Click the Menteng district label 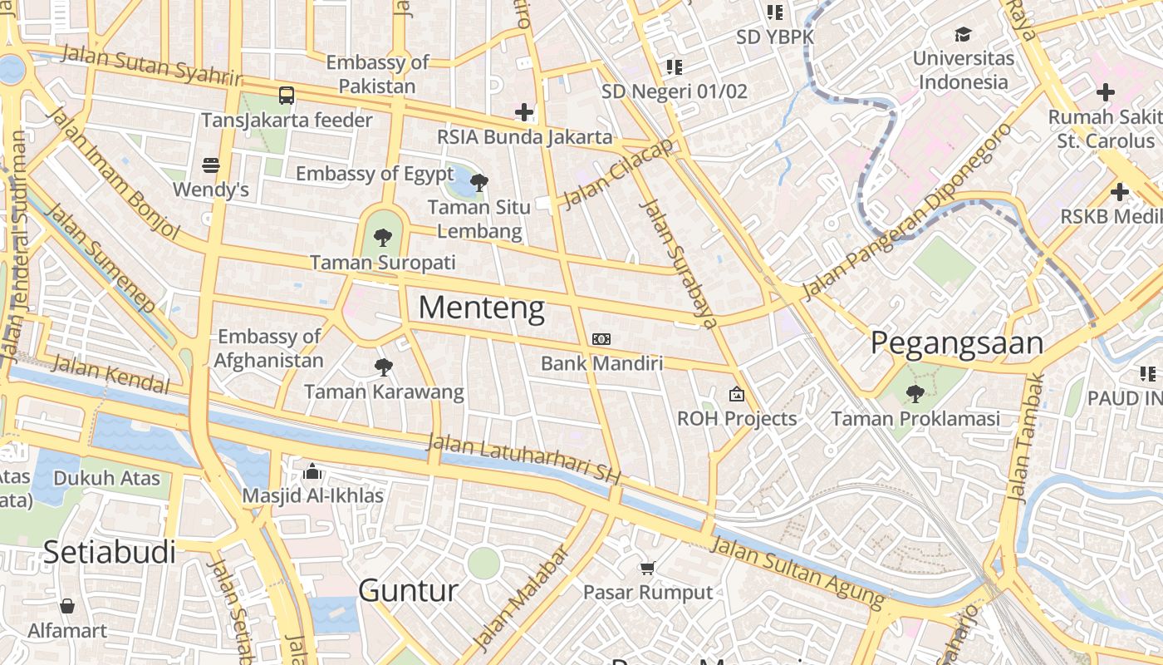(481, 308)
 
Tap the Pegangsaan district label (957, 343)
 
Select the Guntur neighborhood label (408, 591)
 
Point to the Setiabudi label (109, 552)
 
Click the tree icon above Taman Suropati (382, 239)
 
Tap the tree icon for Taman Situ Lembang (479, 183)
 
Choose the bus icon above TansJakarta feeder (287, 96)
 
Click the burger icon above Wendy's (211, 165)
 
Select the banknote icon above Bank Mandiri (601, 339)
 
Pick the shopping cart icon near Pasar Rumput (648, 569)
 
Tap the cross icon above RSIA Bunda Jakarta (524, 111)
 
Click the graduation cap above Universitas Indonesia (963, 34)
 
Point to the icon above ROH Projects (737, 394)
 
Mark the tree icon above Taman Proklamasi (915, 394)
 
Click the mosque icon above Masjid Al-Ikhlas (312, 472)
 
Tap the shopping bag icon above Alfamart (67, 606)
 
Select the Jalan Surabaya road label (678, 264)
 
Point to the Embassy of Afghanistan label (269, 348)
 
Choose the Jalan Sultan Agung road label (797, 571)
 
